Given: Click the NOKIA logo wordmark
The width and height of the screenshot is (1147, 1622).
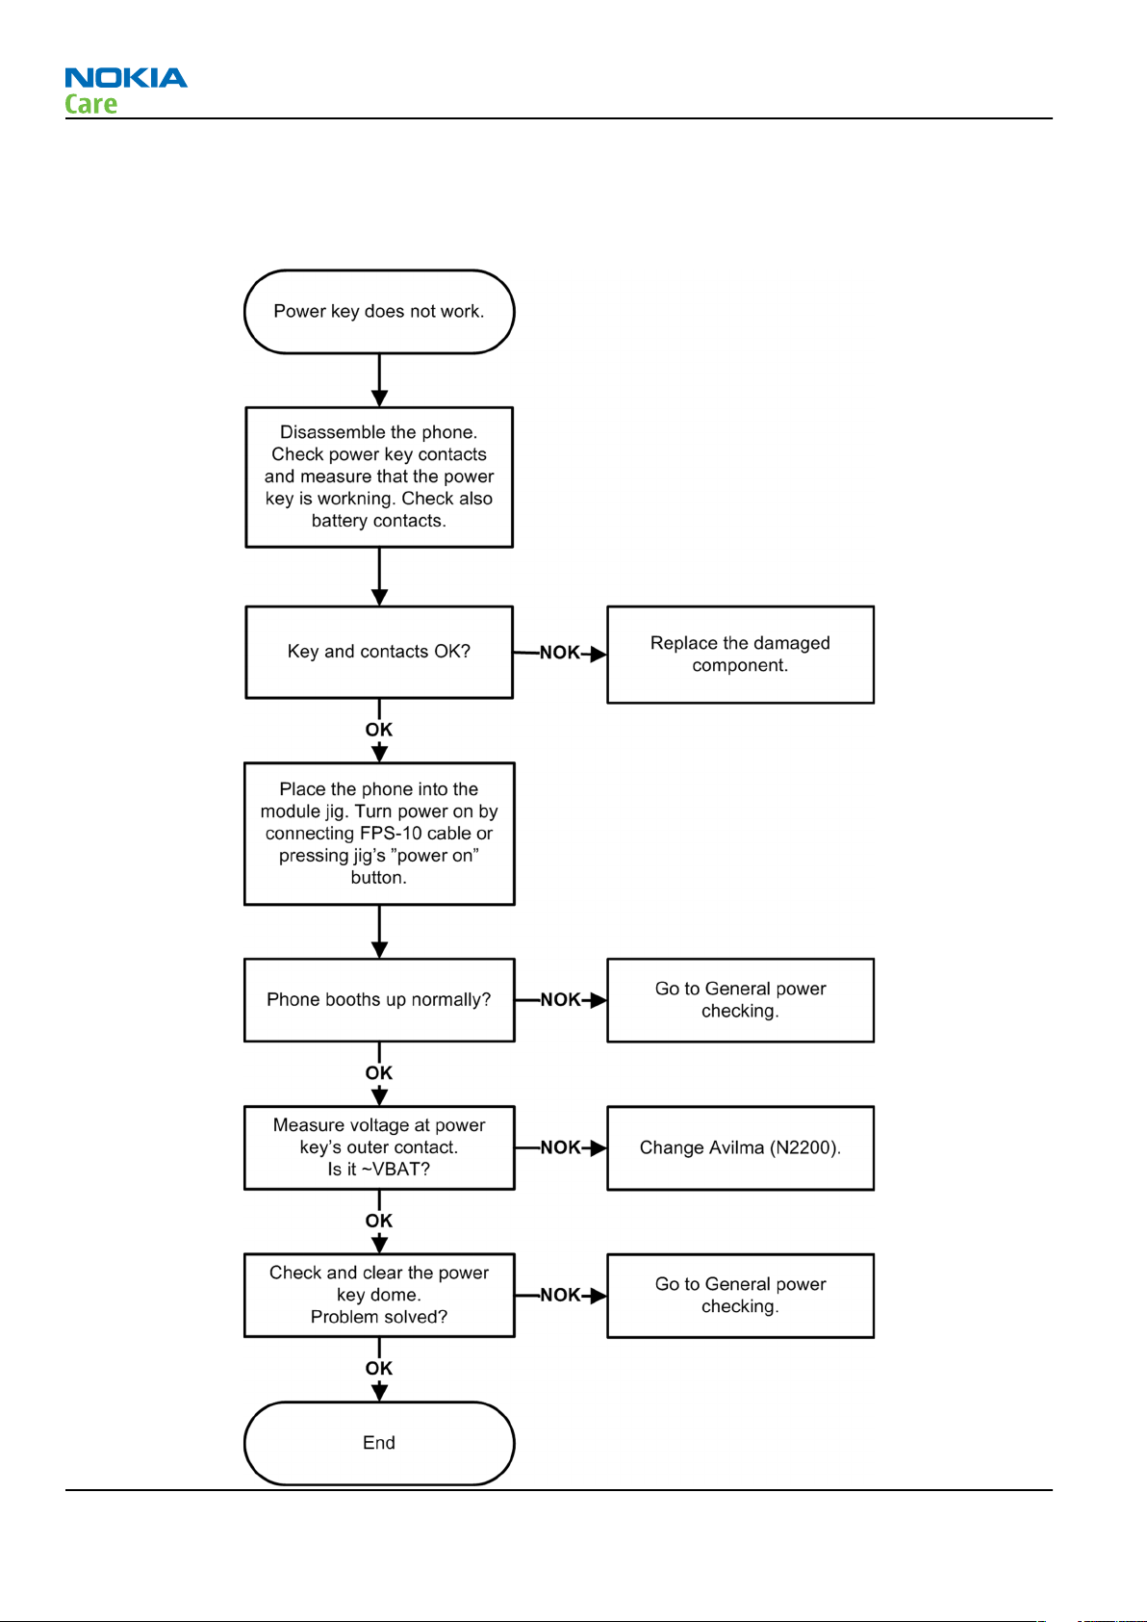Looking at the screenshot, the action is pos(126,77).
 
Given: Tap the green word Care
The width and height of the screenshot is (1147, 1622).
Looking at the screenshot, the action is pos(90,104).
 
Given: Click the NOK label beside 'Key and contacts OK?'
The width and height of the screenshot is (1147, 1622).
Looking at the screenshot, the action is pos(560,653).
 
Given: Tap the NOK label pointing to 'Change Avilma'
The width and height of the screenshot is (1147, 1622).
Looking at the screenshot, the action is pos(561,1147).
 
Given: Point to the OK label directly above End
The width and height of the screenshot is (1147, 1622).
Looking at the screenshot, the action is pos(379,1368).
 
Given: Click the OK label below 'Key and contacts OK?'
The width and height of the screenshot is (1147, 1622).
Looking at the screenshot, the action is pos(379,729).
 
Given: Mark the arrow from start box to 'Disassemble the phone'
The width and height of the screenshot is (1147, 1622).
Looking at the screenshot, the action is pos(379,380).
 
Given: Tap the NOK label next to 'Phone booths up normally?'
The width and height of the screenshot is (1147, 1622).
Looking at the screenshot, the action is pos(561,999).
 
